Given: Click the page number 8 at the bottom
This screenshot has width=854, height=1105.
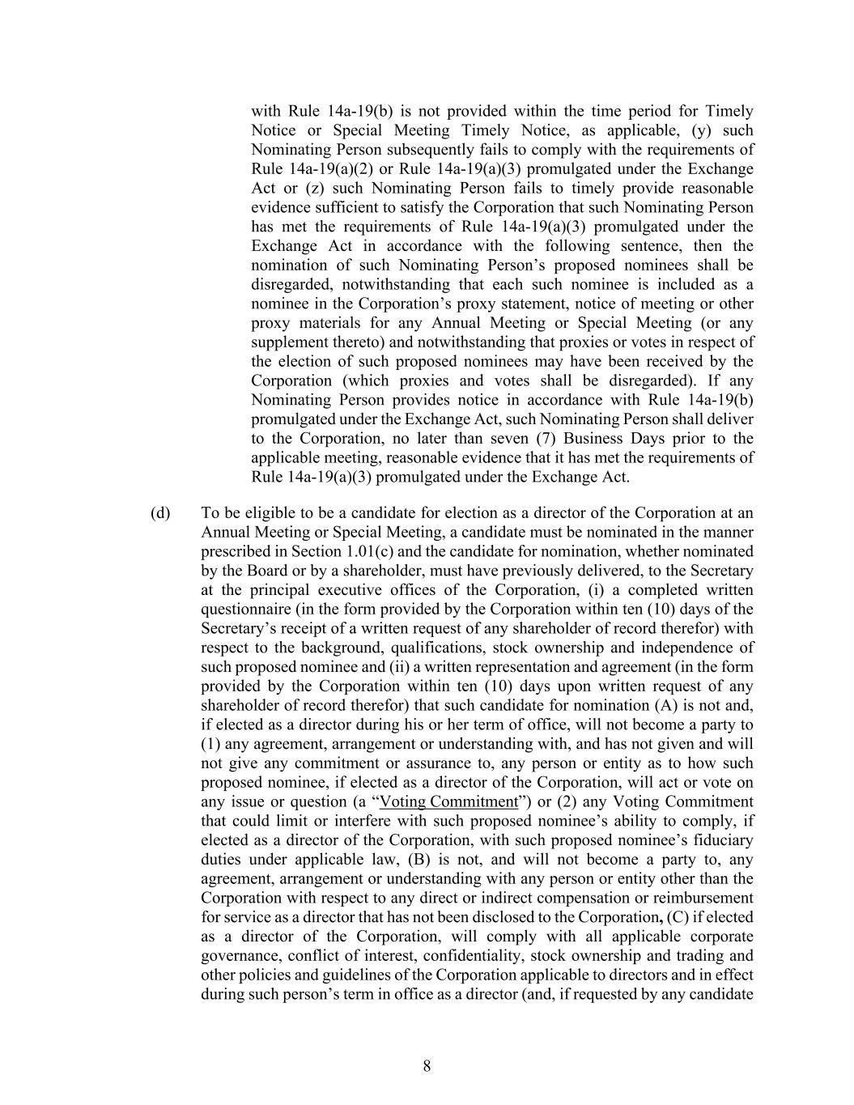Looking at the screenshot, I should (427, 1066).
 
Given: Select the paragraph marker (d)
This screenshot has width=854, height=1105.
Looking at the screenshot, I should (160, 513).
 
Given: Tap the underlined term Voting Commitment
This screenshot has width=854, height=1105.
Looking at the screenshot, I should (448, 802).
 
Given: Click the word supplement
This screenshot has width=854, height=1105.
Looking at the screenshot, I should (288, 342).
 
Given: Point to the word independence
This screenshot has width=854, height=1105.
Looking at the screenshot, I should (704, 648).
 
